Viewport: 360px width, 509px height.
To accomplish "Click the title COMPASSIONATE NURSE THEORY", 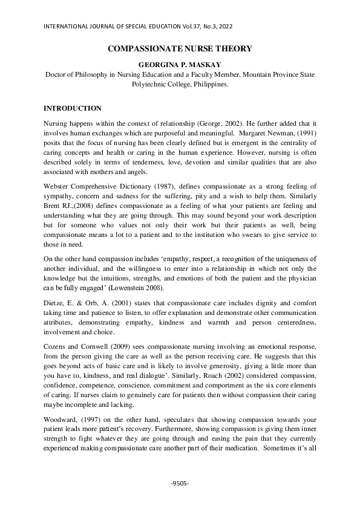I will click(x=180, y=48).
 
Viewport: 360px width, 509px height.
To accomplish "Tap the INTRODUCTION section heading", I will click(x=73, y=108).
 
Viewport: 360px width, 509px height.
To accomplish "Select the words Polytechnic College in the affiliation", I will click(x=161, y=85).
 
